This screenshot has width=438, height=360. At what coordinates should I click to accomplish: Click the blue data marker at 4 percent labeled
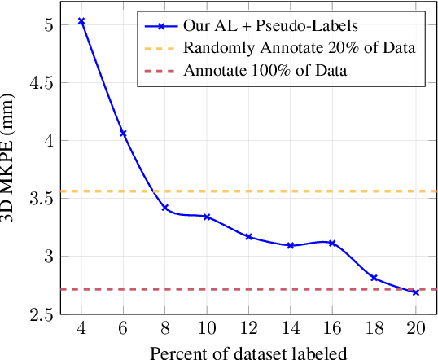tap(81, 20)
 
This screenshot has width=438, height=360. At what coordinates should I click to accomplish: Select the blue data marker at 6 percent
tap(123, 133)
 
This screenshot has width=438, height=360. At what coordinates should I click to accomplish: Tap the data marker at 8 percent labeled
tap(165, 208)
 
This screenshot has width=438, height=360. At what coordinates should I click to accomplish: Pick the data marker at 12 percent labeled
tap(248, 237)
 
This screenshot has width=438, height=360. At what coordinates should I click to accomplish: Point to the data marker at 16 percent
tap(332, 243)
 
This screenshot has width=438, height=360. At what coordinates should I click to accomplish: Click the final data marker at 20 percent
tap(415, 292)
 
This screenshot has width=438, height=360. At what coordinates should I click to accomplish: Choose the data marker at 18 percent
tap(374, 278)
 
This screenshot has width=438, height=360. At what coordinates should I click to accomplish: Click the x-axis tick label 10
tap(207, 330)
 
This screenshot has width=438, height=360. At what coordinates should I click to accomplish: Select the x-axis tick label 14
tap(291, 330)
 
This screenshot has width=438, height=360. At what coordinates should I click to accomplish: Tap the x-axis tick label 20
tap(415, 330)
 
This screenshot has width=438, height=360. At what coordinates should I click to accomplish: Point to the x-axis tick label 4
tap(81, 330)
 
